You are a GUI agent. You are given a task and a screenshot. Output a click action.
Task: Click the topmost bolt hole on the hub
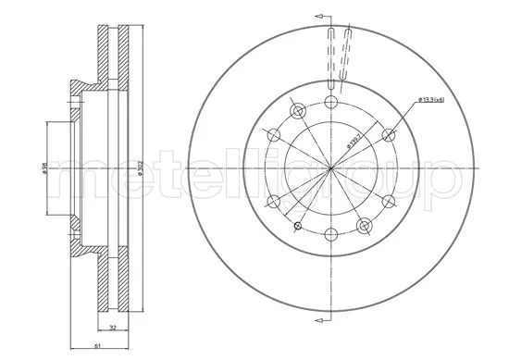[331, 102]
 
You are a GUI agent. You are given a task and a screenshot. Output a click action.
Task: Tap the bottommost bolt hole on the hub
[331, 232]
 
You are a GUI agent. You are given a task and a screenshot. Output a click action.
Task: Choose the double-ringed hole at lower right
[365, 223]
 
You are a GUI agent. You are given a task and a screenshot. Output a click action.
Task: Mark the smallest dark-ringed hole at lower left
[297, 225]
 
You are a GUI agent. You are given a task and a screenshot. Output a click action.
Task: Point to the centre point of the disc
[331, 168]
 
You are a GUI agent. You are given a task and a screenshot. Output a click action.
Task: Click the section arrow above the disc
[322, 17]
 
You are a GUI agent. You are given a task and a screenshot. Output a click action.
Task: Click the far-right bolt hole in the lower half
[388, 200]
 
